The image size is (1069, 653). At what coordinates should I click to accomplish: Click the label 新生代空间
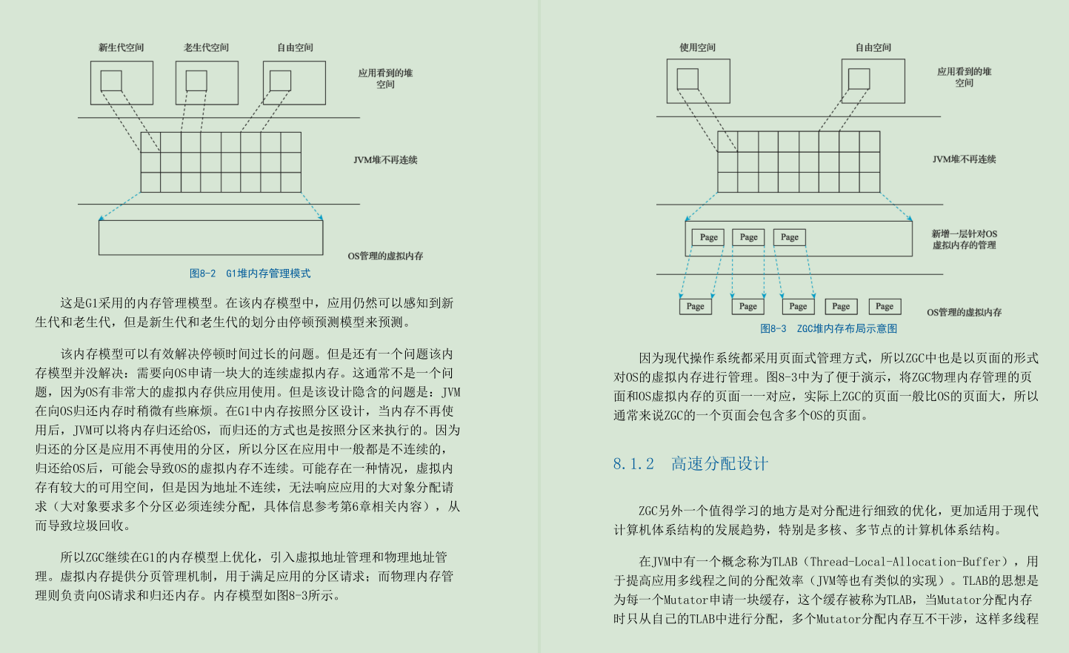[x=121, y=47]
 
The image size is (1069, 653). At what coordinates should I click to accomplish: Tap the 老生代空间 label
[x=207, y=47]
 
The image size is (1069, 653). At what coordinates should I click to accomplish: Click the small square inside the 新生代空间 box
[x=111, y=80]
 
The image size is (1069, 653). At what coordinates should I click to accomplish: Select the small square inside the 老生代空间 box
[x=196, y=80]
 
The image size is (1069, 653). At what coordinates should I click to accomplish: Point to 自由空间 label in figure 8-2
[x=296, y=47]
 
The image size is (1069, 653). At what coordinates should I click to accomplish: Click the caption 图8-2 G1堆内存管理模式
[x=250, y=274]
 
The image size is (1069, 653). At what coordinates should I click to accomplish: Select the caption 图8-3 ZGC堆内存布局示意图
[x=828, y=328]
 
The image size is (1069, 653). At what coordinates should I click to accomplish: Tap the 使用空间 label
[x=698, y=47]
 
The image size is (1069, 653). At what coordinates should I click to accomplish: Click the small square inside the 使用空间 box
[x=687, y=79]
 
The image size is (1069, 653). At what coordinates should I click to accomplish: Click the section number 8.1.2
[x=633, y=464]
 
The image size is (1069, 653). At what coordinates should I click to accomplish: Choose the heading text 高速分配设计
[x=719, y=464]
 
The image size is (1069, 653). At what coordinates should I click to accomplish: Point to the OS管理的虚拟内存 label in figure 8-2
[x=385, y=256]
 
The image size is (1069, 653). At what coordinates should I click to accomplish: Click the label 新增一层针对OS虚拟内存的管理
[x=964, y=239]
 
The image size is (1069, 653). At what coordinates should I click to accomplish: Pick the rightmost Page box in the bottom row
[x=885, y=306]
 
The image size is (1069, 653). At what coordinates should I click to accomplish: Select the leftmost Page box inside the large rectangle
[x=709, y=237]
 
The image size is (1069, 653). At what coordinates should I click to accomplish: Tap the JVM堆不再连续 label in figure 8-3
[x=964, y=159]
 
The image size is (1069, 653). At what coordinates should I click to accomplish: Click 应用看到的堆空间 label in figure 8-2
[x=385, y=79]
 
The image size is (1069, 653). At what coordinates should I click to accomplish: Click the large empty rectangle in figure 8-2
[x=211, y=237]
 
